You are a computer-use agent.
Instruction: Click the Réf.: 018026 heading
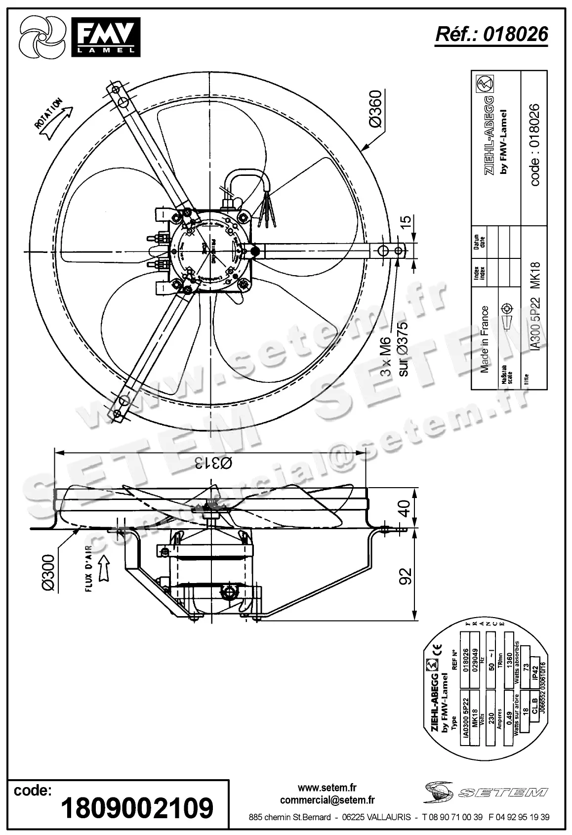coord(491,34)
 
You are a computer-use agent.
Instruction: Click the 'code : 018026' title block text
coord(535,144)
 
